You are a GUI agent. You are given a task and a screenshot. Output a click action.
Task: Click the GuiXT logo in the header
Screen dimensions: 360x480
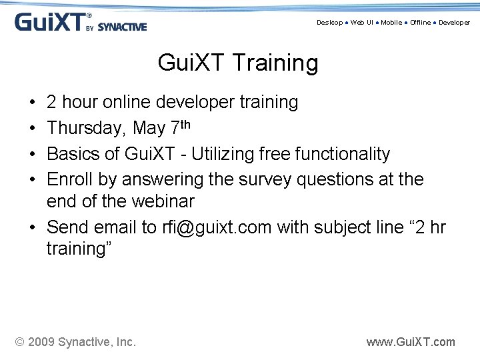point(50,23)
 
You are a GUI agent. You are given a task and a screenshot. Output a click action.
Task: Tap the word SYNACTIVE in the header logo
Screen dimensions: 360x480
point(122,27)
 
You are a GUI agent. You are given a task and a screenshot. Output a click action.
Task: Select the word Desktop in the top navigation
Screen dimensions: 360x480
point(329,23)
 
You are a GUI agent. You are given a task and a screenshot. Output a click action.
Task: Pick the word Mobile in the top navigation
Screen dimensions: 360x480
point(391,23)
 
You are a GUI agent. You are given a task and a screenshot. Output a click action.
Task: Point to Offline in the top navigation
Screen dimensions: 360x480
point(421,23)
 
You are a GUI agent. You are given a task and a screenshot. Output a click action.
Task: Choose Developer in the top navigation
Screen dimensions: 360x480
point(454,23)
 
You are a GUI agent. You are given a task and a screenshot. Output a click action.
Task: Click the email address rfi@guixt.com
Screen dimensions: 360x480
point(217,227)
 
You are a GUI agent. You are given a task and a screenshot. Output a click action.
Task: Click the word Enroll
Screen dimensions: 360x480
point(70,179)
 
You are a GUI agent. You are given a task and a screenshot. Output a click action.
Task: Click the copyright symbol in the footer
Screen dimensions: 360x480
point(21,342)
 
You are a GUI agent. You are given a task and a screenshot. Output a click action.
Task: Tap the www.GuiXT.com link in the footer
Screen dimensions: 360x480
point(411,342)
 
